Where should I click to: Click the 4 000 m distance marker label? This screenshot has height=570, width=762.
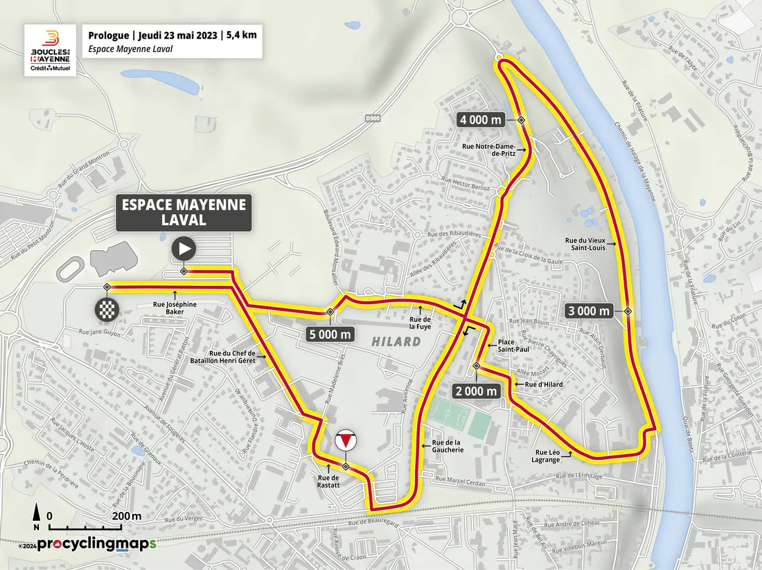481,121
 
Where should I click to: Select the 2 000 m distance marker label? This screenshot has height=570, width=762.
477,391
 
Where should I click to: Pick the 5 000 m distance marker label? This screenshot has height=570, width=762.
329,335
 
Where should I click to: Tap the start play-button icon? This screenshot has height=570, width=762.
184,248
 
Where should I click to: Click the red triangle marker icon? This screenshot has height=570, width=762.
345,441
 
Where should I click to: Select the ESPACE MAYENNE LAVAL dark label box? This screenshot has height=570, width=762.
184,213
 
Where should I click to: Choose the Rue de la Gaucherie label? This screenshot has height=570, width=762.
447,446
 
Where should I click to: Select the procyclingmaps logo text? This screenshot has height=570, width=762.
96,544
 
